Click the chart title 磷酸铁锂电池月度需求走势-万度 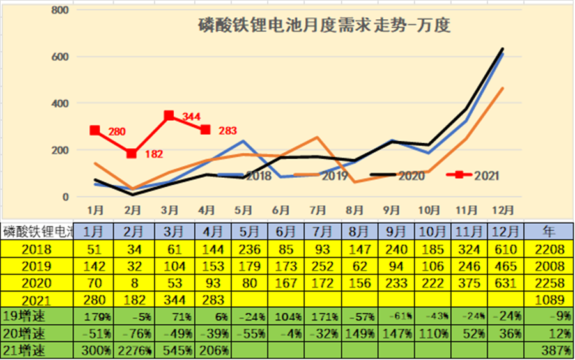point(324,26)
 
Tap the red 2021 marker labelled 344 point(169,116)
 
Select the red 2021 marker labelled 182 point(132,153)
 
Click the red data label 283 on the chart point(228,131)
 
